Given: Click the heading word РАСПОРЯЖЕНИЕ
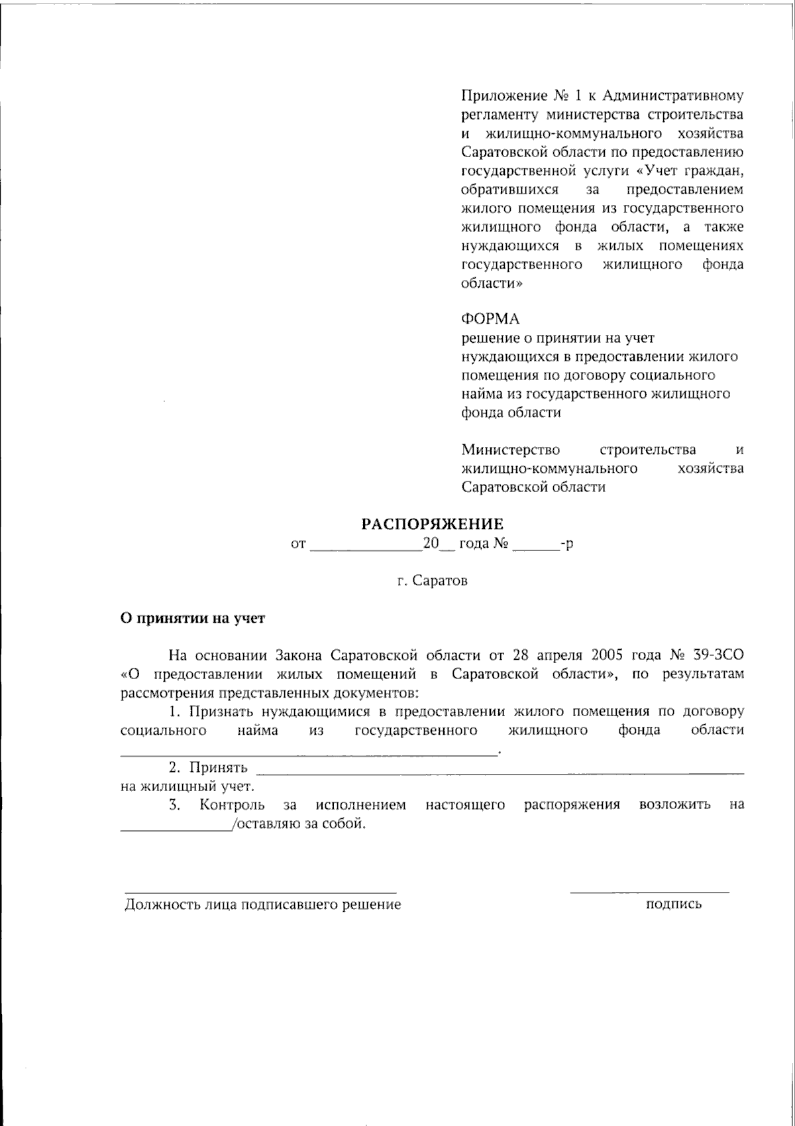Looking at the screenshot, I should (x=432, y=524).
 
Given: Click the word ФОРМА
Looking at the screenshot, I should (x=491, y=320).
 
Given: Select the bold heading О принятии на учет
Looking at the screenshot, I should (x=192, y=618).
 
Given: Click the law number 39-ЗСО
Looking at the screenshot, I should (x=717, y=656).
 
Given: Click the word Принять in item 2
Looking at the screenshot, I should (x=219, y=768).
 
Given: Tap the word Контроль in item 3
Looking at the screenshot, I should (x=233, y=805).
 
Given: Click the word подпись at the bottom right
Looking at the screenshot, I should (x=674, y=903).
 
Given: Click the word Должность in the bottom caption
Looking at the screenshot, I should (x=155, y=905).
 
